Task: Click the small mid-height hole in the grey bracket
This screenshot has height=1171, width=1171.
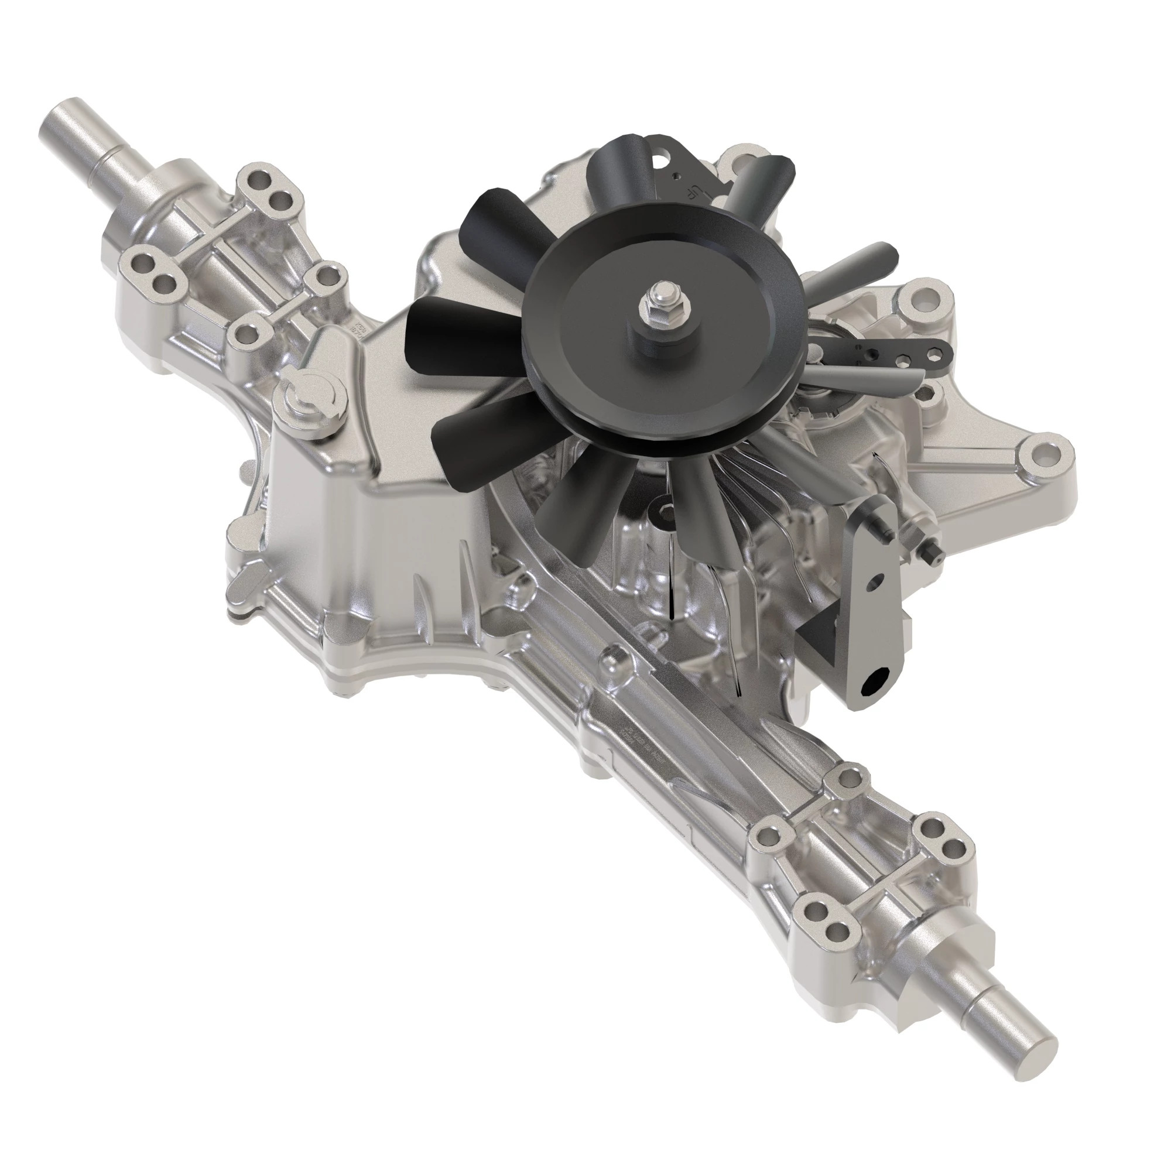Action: coord(872,584)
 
